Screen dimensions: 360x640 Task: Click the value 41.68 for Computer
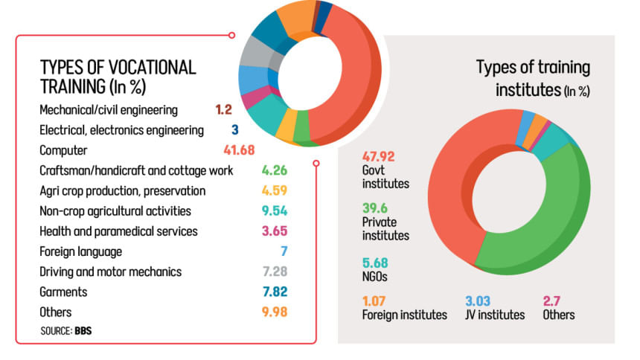point(239,150)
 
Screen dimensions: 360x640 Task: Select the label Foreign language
point(80,251)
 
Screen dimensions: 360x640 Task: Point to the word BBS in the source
point(83,330)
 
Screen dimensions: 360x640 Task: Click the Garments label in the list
point(63,292)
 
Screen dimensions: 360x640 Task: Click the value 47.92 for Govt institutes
point(379,156)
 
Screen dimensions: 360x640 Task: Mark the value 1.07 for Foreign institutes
point(377,300)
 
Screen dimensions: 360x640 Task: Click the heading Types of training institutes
point(534,78)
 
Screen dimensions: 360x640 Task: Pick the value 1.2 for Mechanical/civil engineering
point(224,110)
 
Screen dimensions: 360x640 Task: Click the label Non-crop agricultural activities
point(115,211)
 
